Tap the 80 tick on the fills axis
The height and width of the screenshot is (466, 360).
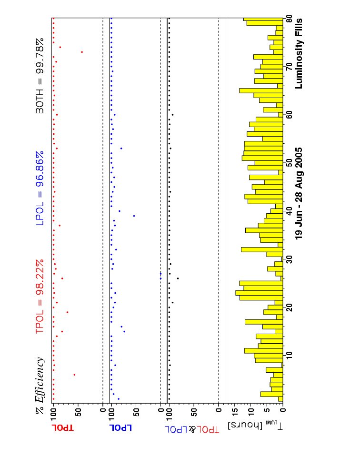[x=289, y=20]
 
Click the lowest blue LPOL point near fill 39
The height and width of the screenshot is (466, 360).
[x=134, y=216]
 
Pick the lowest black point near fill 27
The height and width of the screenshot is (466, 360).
[x=178, y=278]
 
